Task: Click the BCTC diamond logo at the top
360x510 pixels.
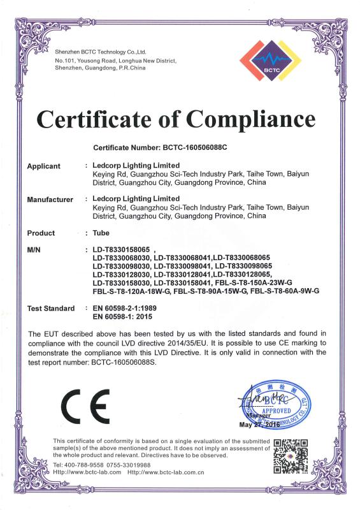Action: click(x=268, y=59)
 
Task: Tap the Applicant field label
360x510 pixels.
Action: click(x=44, y=166)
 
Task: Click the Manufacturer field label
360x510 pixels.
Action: click(x=50, y=200)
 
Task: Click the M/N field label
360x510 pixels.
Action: click(x=35, y=250)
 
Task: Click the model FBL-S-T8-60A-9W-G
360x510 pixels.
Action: click(x=285, y=291)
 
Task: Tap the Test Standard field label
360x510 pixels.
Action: click(x=52, y=309)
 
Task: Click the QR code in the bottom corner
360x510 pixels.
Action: click(x=291, y=456)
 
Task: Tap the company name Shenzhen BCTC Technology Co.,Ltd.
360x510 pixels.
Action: click(x=101, y=51)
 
